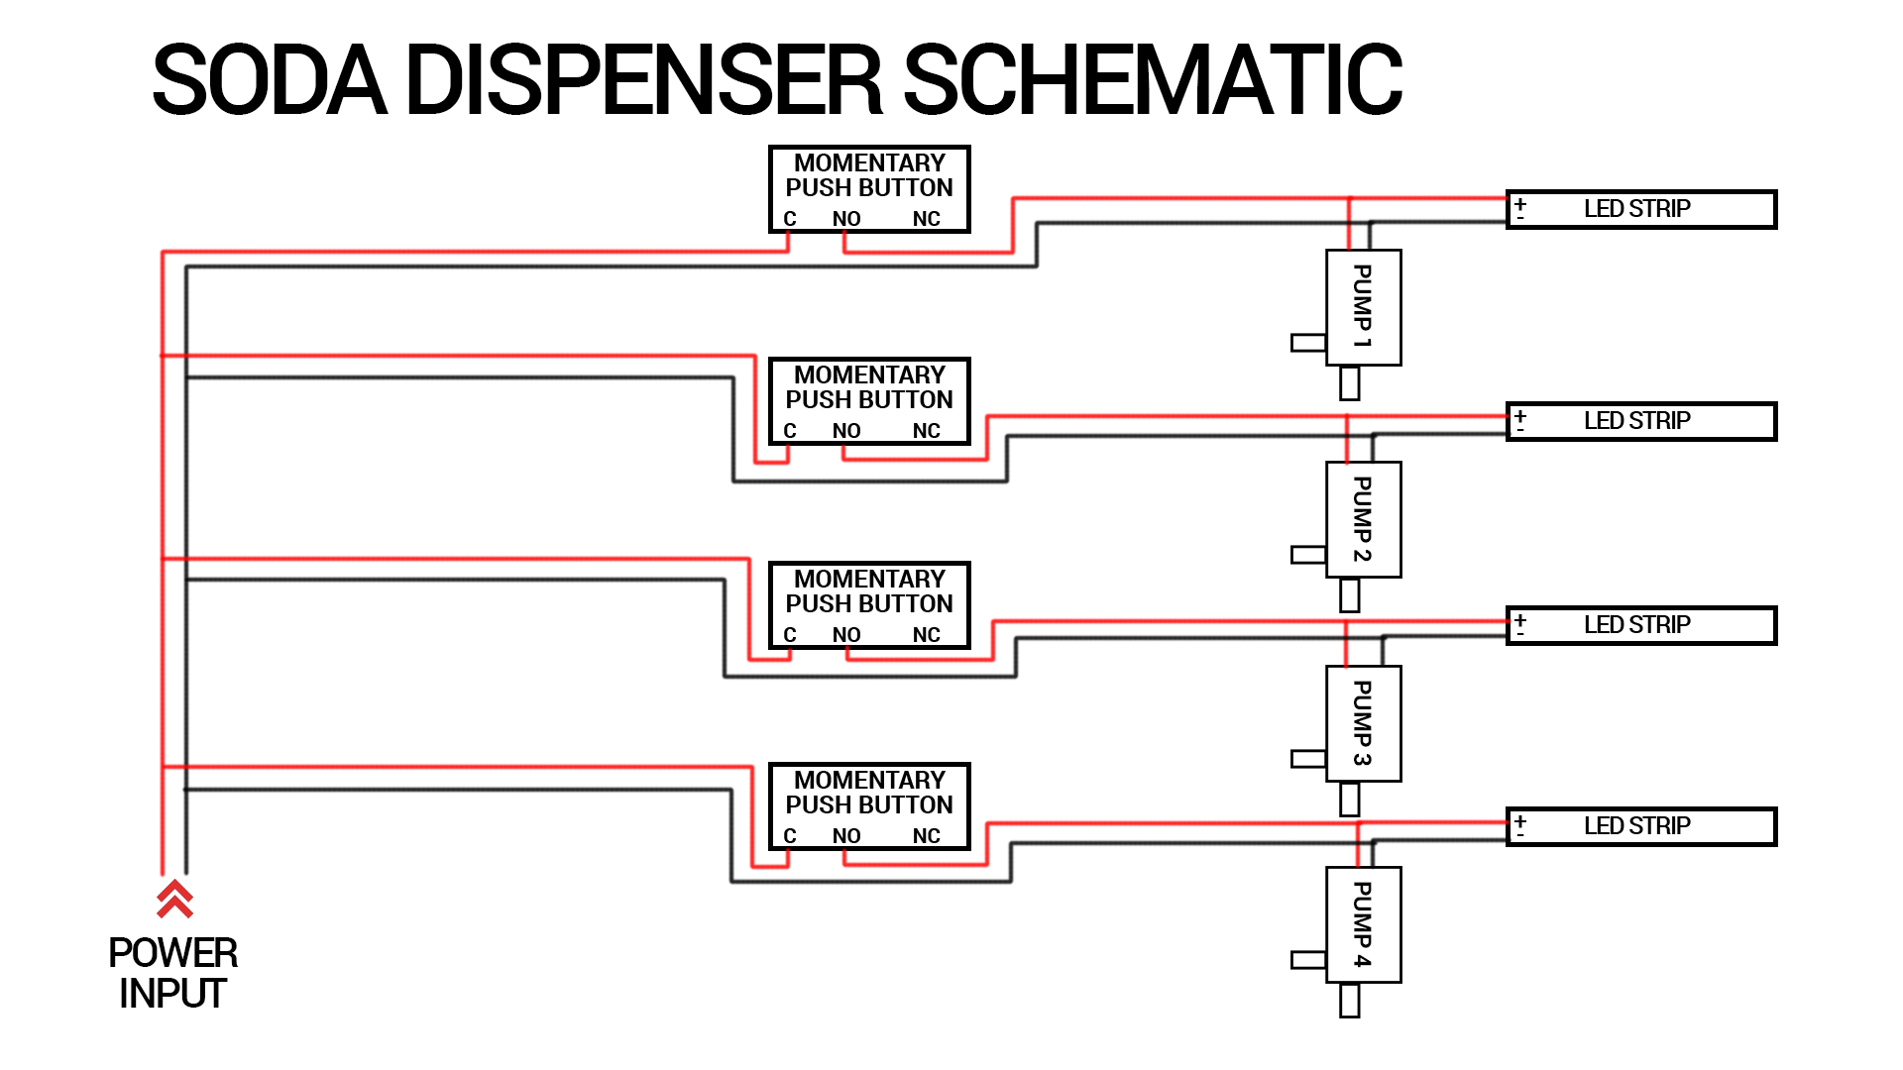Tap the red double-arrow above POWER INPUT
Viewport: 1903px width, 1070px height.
coord(174,898)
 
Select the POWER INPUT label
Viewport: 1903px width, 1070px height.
coord(172,973)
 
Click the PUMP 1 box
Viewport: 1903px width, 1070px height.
coord(1363,307)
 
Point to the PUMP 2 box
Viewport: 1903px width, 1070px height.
coord(1363,519)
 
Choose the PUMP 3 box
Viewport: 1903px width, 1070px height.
coord(1363,723)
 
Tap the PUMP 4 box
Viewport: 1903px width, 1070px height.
coord(1363,924)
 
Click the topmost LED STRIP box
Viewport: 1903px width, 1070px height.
coord(1640,209)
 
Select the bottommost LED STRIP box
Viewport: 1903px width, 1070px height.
coord(1640,826)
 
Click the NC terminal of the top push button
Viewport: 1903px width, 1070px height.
coord(926,219)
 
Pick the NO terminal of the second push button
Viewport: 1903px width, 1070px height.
coord(845,431)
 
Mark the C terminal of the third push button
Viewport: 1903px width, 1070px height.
coord(790,635)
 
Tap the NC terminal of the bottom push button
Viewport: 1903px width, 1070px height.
coord(926,836)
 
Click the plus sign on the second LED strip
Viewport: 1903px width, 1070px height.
coord(1520,416)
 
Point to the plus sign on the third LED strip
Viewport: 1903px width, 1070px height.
coord(1520,620)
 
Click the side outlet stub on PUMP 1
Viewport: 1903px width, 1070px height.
coord(1308,343)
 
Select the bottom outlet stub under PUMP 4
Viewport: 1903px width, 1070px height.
coord(1349,1000)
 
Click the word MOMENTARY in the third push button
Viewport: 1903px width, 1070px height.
coord(869,579)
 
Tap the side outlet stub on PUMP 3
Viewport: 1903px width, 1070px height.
coord(1308,759)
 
